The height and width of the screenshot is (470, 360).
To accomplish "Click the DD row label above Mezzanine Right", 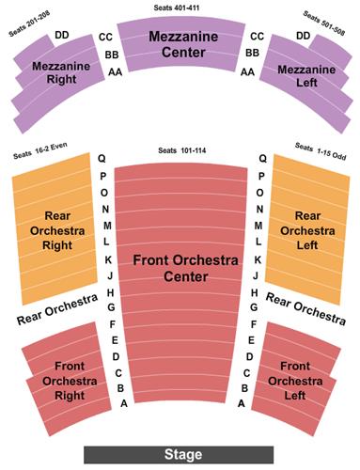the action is point(62,35).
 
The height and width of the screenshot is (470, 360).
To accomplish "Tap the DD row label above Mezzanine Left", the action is point(303,35).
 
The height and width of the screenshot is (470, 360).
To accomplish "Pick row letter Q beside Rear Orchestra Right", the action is point(101,159).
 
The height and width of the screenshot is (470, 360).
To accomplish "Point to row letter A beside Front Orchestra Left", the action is point(242,403).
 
